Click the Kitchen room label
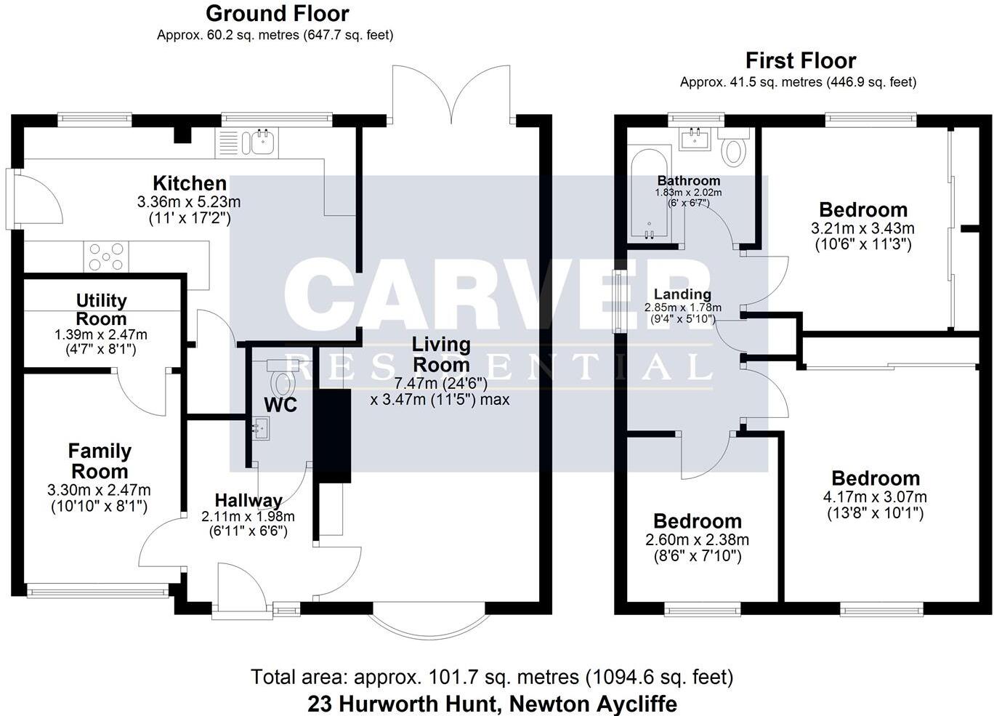(189, 183)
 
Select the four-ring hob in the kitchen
(107, 257)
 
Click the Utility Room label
(101, 310)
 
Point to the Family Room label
(100, 461)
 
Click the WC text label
(280, 405)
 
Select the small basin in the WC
(259, 428)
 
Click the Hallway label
(248, 501)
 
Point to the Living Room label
(441, 354)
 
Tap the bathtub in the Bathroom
(650, 194)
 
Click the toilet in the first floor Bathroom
(734, 149)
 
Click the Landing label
(682, 294)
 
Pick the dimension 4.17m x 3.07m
(875, 498)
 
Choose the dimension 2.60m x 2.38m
(697, 540)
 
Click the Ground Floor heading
(277, 13)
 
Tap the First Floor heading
(800, 60)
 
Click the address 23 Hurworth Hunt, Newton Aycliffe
(492, 704)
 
